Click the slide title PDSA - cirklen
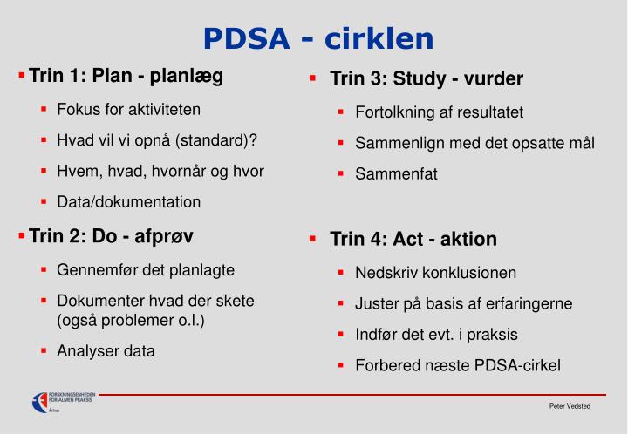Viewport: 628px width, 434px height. pos(318,38)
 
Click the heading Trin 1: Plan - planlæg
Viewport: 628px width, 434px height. pos(126,76)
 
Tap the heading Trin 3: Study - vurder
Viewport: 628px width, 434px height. pos(427,79)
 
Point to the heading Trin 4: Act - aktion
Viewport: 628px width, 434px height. pos(413,239)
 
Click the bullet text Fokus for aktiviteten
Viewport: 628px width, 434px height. pos(129,110)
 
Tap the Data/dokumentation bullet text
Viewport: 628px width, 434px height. pos(129,202)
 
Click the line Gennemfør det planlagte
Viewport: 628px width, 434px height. pos(146,270)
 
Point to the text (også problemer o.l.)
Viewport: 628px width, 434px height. pos(131,320)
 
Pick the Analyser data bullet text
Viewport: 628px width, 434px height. pos(106,351)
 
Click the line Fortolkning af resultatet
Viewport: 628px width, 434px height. pos(440,112)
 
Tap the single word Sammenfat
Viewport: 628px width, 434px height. pos(396,173)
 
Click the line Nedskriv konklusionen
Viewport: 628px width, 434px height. pos(436,273)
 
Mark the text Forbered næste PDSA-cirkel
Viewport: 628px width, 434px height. pos(458,365)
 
